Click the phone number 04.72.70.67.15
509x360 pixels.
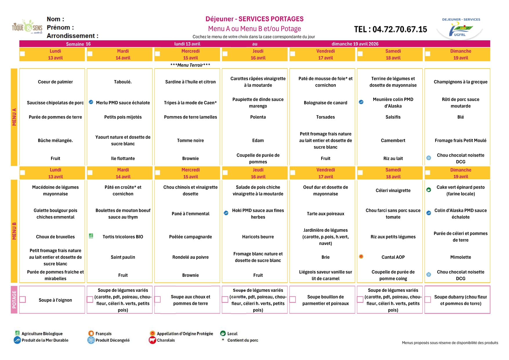(390, 29)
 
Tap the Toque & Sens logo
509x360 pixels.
(27, 27)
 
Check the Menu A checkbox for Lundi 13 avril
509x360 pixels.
(22, 54)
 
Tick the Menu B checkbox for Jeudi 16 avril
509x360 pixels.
(225, 173)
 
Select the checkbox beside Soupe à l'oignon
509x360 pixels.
(23, 299)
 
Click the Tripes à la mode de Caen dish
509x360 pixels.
(190, 103)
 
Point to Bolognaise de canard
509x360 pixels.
(325, 103)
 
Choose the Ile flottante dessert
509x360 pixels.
(123, 158)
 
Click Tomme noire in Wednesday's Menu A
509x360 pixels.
(190, 140)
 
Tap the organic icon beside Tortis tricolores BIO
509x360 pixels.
(91, 236)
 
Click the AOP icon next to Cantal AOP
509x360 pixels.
(361, 256)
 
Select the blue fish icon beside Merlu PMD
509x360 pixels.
(91, 102)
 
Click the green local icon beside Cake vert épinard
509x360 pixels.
(429, 190)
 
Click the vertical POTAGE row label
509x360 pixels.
(14, 300)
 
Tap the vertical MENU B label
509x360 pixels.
(14, 231)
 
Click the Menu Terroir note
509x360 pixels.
(190, 65)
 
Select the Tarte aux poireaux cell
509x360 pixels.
(325, 214)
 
